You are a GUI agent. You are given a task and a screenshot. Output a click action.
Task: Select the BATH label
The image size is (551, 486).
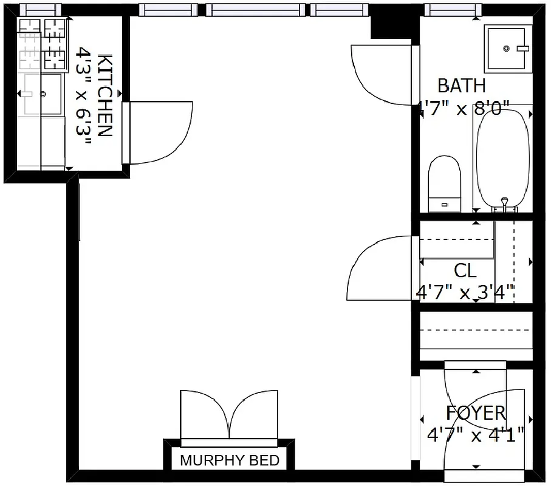pos(462,85)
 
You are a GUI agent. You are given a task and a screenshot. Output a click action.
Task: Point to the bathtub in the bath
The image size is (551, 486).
pos(498,158)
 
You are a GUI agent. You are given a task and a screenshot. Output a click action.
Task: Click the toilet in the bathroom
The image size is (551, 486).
pos(444,182)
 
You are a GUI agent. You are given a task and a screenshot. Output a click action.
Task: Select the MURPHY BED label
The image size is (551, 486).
pos(230,460)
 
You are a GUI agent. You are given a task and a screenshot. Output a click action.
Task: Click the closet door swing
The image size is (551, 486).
pos(379,267)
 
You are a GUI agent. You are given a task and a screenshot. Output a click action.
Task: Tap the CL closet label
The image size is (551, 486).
pos(465,270)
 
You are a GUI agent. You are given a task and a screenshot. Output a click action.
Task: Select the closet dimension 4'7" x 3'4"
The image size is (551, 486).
pos(465,292)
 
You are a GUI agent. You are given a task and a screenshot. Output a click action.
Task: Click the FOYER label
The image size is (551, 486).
pos(476,413)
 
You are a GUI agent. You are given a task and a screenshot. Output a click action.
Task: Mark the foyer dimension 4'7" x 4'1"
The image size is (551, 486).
pos(476,435)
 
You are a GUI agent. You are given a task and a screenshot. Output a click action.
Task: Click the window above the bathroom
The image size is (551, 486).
pos(452,9)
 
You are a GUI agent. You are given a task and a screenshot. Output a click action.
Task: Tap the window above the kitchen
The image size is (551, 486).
pos(40,9)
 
